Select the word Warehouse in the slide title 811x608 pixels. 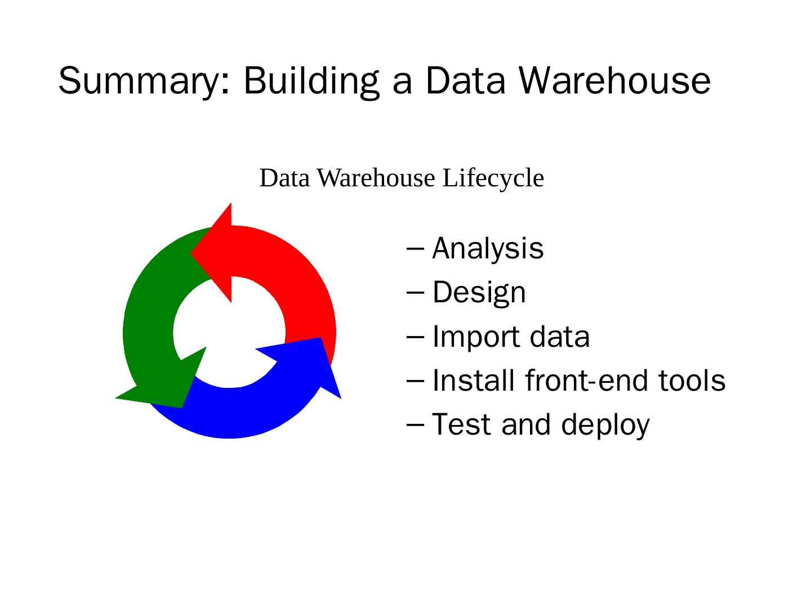click(614, 80)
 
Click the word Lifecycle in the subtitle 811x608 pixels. click(493, 178)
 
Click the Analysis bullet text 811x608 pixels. click(488, 249)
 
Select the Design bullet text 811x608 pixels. click(479, 293)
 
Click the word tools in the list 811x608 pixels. click(692, 381)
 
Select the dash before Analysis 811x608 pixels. click(415, 249)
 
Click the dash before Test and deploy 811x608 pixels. click(415, 424)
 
